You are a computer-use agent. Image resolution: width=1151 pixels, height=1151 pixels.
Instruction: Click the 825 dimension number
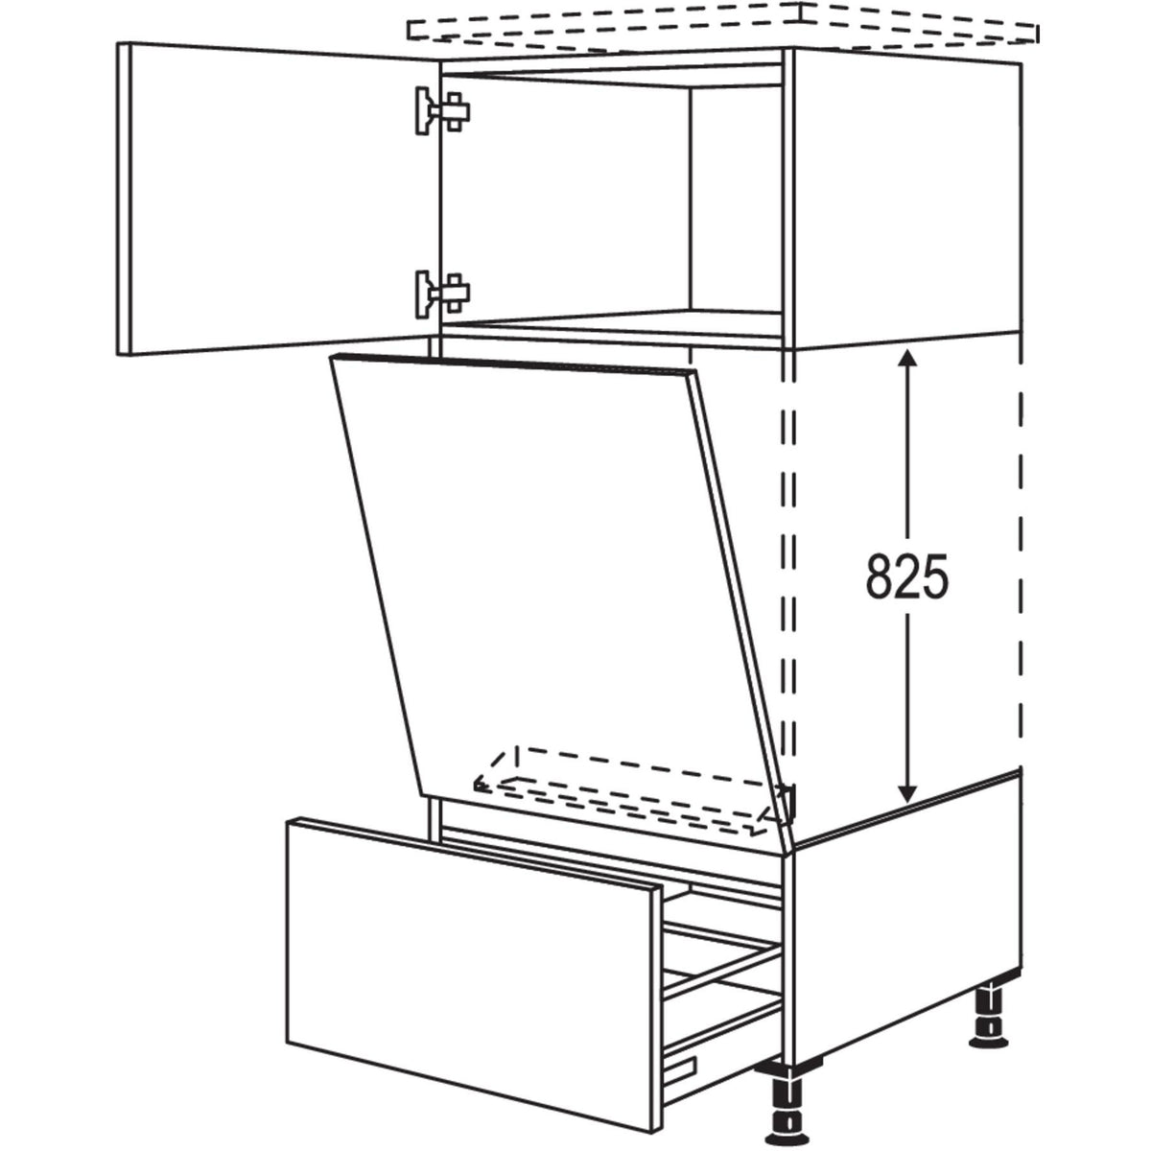[x=906, y=575]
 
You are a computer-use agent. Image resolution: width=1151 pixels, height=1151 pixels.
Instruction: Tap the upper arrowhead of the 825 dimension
[x=908, y=359]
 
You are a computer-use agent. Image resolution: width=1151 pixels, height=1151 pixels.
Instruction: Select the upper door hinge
[x=442, y=111]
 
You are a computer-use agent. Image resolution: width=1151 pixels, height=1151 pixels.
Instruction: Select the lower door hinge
[x=442, y=294]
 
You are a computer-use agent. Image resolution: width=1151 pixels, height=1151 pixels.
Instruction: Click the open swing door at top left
[x=279, y=199]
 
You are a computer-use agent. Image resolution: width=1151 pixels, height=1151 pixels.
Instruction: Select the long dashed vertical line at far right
[x=1021, y=561]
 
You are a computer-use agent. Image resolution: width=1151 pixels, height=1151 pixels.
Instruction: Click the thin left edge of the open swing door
[x=124, y=199]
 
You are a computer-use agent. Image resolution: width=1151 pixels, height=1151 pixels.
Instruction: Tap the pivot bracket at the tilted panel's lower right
[x=787, y=800]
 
